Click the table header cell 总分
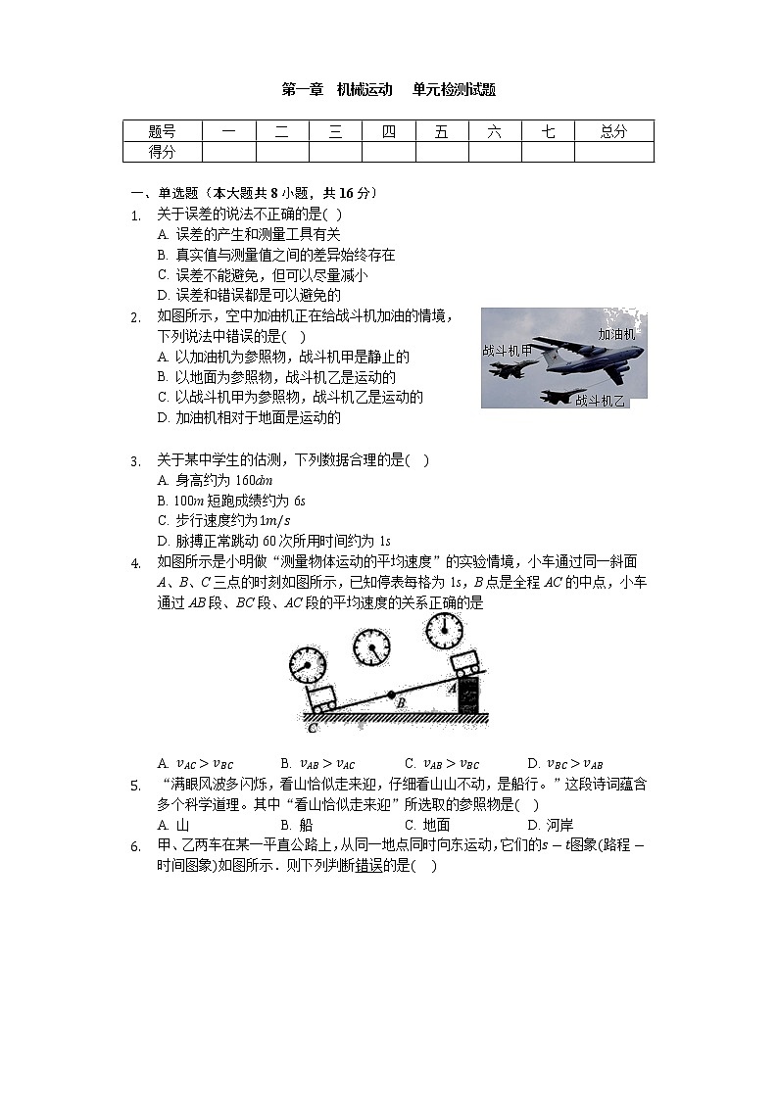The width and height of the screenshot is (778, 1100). point(613,131)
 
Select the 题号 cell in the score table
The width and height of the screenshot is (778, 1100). point(162,131)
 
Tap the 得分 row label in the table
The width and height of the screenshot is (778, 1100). point(162,152)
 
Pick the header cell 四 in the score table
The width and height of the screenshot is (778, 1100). point(388,131)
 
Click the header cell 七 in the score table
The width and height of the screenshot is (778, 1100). point(547,131)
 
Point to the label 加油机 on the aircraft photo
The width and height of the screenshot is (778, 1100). point(616,334)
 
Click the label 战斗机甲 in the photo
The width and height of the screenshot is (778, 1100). point(507,350)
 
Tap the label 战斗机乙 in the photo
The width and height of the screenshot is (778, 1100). point(600,400)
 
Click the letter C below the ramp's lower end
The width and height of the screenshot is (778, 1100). point(311,728)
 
